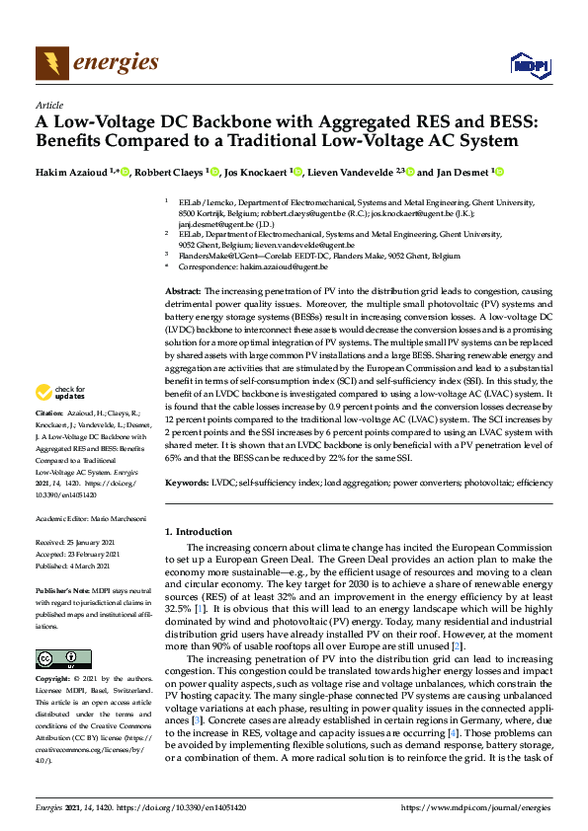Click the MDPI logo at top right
pos(528,64)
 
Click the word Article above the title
pos(48,105)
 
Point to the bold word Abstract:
pos(182,292)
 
